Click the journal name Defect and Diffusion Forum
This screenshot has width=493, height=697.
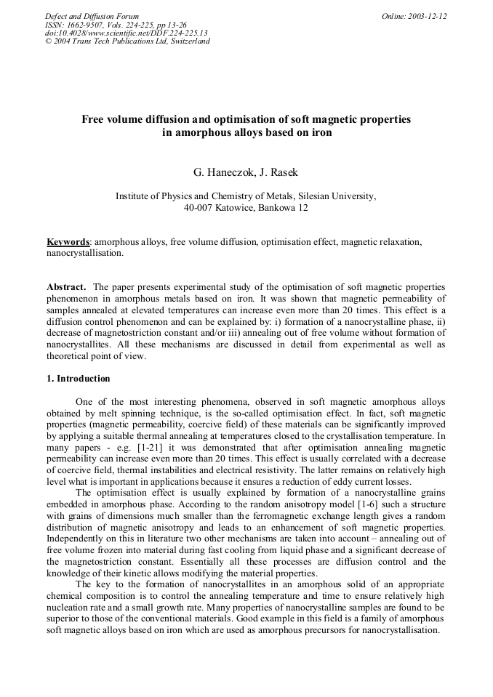coord(92,16)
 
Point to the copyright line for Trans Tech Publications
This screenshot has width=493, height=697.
coord(127,41)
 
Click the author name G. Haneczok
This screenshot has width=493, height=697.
coord(220,172)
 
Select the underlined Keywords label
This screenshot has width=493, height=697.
coord(68,241)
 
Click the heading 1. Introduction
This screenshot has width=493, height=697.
coord(79,379)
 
